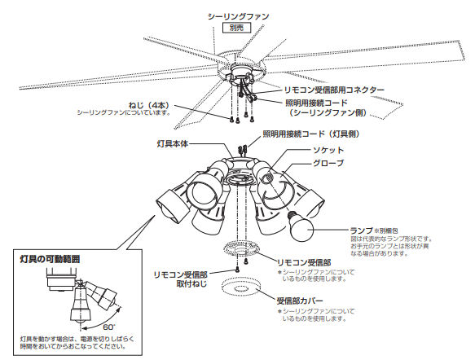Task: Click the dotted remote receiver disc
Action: pos(240,251)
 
